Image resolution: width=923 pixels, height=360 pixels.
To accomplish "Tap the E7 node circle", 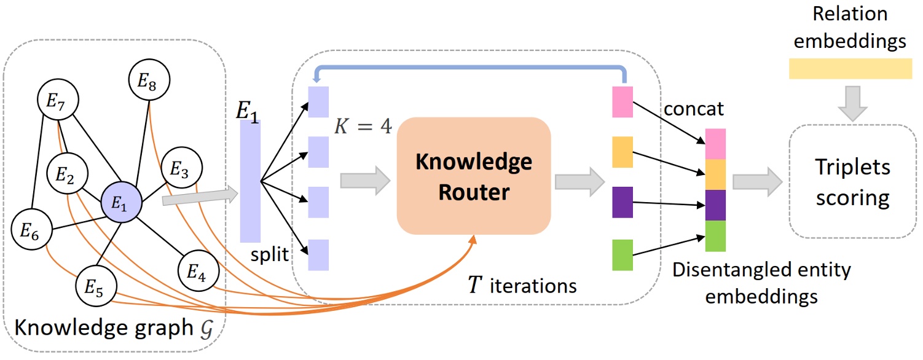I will tap(58, 103).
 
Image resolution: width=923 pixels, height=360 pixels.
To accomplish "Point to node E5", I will tap(96, 288).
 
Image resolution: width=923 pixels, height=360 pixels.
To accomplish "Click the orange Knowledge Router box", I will tap(473, 176).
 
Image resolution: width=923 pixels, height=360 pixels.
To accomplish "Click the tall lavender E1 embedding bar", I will tap(250, 181).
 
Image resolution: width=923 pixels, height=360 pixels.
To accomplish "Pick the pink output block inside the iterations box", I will tap(622, 102).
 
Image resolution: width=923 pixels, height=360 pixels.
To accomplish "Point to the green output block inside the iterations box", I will tap(622, 255).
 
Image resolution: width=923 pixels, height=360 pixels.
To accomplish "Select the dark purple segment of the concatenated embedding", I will tap(715, 205).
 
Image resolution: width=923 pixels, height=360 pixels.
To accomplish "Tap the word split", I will tap(269, 254).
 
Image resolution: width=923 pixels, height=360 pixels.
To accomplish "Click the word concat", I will tap(694, 109).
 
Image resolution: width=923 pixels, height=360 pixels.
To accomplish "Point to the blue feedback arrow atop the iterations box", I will tap(470, 69).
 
